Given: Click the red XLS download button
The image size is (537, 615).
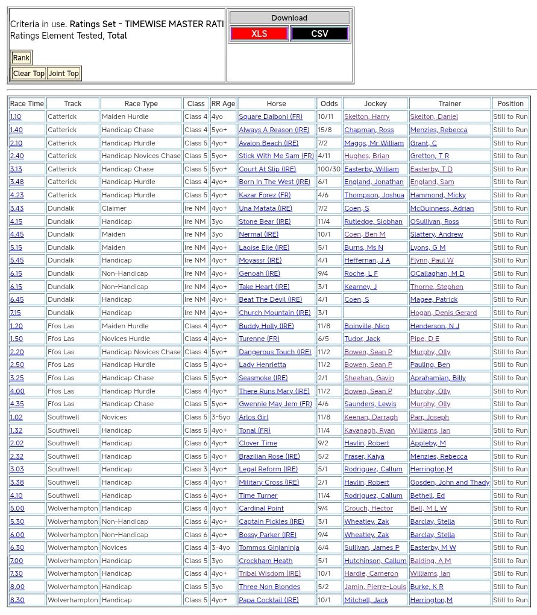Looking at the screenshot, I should click(x=259, y=34).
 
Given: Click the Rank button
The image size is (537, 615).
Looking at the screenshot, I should click(x=21, y=58).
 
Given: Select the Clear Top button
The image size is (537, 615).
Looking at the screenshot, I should click(x=28, y=74).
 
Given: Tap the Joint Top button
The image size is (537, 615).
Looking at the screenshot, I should click(x=64, y=74).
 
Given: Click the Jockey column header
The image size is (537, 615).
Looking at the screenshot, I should click(x=375, y=104).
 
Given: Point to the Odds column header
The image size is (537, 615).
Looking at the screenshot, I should click(x=329, y=104).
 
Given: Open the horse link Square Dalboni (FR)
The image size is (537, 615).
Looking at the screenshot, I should click(x=271, y=116).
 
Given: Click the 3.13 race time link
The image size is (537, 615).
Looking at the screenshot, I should click(x=16, y=169).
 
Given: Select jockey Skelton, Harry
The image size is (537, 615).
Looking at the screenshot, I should click(x=366, y=116).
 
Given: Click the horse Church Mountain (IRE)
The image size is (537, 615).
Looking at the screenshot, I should click(x=274, y=313).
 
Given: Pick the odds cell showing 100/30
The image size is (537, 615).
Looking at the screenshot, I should click(x=329, y=169).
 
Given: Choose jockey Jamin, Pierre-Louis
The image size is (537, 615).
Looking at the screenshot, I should click(x=375, y=587).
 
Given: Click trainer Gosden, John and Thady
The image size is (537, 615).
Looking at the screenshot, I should click(x=450, y=482).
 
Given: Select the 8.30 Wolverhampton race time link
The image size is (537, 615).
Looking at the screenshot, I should click(x=17, y=600).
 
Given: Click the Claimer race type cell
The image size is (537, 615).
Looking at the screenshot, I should click(x=114, y=208).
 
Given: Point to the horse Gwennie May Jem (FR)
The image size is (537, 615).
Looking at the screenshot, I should click(x=275, y=404).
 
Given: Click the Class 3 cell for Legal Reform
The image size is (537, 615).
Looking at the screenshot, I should click(x=196, y=469).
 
